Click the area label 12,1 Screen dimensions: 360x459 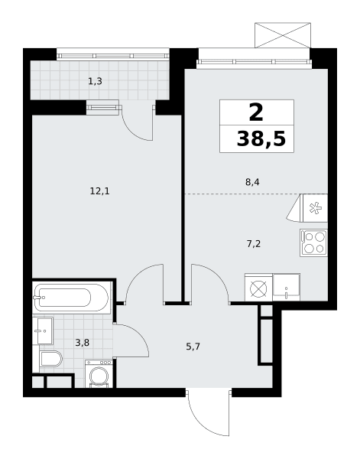coord(99,192)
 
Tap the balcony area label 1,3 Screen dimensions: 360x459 coord(95,81)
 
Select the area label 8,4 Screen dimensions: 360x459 coord(252,182)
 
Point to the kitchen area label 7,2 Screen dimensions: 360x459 coord(254,243)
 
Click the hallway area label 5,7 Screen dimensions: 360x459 coord(193,347)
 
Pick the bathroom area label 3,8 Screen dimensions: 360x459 coord(83,343)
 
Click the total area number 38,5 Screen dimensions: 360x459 coord(261,138)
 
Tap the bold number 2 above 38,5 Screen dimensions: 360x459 coord(256,113)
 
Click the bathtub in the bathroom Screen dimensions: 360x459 coord(71,298)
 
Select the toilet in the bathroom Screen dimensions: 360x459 coord(51,359)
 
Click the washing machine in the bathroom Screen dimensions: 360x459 coord(99,374)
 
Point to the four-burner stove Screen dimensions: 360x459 coord(313,243)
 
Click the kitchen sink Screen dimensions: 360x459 coord(286,287)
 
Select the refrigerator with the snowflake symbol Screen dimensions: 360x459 coord(315,208)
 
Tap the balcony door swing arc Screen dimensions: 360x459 coord(132,131)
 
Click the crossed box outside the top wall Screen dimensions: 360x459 coord(283,35)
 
